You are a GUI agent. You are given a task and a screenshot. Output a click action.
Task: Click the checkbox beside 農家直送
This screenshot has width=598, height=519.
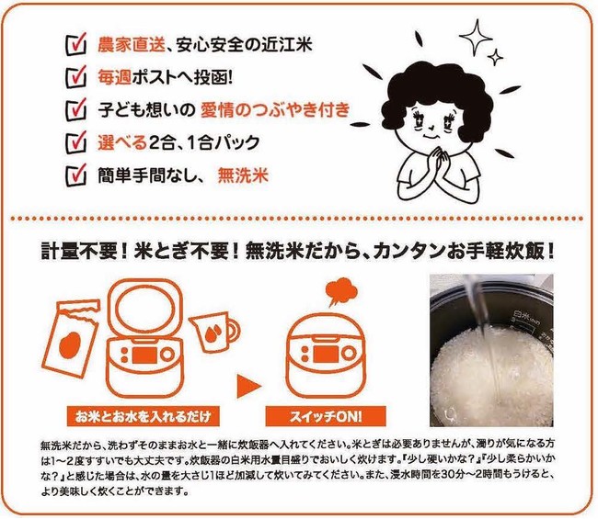coord(75,44)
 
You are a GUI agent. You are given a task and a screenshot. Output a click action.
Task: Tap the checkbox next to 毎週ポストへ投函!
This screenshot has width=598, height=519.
coord(75,77)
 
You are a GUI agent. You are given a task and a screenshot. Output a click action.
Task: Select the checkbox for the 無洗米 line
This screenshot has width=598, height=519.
coord(75,175)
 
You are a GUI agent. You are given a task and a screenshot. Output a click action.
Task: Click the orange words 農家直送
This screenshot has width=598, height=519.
coord(132,44)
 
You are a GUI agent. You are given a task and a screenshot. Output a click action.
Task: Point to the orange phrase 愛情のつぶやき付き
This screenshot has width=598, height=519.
coord(275,110)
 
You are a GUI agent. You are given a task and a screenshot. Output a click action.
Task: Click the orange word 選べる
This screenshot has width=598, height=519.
coord(122,142)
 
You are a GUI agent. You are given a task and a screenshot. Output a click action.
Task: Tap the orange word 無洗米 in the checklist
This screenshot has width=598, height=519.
coord(243,176)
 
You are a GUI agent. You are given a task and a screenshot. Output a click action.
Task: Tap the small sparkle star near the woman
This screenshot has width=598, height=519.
coord(495,58)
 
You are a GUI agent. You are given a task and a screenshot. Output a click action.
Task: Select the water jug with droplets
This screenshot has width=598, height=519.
coord(213,332)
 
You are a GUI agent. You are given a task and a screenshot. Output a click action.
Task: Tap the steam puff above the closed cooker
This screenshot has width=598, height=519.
coord(341,291)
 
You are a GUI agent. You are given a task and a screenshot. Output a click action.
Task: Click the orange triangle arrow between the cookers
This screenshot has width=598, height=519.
coord(247,387)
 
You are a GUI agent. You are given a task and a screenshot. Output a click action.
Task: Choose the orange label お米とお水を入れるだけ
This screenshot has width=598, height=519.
coord(143,416)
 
